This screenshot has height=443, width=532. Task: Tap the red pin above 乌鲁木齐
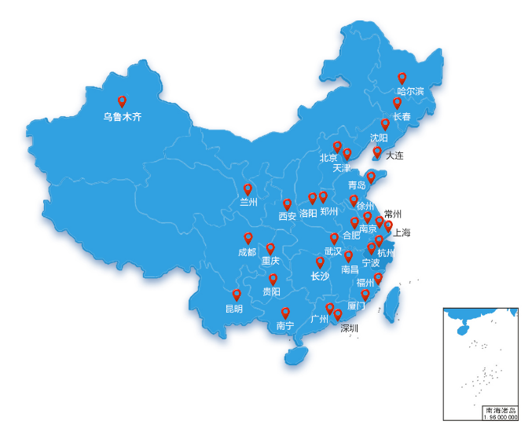tap(122, 101)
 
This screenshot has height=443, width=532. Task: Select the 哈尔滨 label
tap(410, 91)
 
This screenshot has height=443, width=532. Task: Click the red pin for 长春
tap(398, 103)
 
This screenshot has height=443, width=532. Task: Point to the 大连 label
tap(394, 156)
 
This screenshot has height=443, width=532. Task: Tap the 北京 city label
tap(328, 158)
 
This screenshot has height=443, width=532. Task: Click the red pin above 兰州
tap(248, 189)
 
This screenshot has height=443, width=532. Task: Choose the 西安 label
tap(288, 216)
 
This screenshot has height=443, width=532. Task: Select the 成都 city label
tap(247, 252)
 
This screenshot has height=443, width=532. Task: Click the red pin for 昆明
tap(237, 295)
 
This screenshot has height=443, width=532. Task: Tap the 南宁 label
tap(284, 326)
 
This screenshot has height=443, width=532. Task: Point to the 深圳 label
tap(349, 328)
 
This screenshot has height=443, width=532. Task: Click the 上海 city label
tap(402, 232)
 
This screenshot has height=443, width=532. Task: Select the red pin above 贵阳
tap(273, 279)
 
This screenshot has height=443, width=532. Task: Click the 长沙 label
tap(320, 276)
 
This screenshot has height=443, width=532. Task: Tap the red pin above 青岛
tap(372, 178)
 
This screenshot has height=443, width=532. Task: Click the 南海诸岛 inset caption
tap(501, 411)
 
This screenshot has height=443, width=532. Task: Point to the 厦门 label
tap(355, 306)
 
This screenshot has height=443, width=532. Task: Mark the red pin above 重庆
tap(270, 248)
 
